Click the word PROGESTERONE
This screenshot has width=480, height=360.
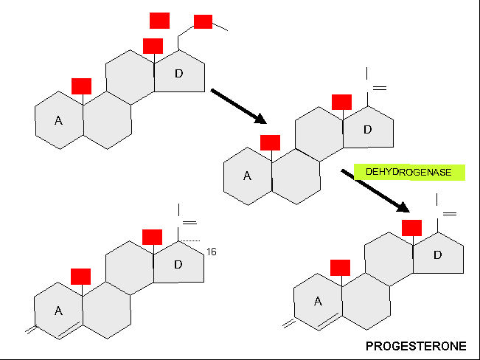click(x=416, y=346)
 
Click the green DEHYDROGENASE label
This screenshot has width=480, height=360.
click(x=409, y=172)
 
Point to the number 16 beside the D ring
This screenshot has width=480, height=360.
click(x=211, y=252)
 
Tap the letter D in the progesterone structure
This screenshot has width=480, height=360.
click(x=438, y=255)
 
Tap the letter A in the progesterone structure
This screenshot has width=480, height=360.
click(x=318, y=302)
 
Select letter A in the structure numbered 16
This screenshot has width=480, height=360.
click(x=58, y=311)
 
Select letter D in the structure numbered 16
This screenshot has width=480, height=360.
click(x=178, y=264)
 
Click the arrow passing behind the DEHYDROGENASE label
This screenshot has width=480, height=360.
click(x=375, y=190)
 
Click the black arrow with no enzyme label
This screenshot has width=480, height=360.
click(x=238, y=106)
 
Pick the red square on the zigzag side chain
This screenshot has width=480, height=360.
click(x=203, y=21)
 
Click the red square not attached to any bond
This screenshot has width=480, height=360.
click(x=159, y=21)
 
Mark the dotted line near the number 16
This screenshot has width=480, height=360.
click(x=189, y=240)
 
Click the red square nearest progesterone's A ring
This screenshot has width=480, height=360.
click(x=340, y=268)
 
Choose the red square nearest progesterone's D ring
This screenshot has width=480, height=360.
click(x=411, y=228)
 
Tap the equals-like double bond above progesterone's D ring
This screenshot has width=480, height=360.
click(x=450, y=214)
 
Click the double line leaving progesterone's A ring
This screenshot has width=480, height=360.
click(x=289, y=324)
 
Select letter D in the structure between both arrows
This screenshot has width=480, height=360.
click(x=368, y=130)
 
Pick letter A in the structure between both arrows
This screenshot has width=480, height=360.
click(x=247, y=176)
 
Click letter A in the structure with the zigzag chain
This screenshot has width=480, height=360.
click(x=58, y=120)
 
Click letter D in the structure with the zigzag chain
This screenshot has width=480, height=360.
click(x=178, y=74)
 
